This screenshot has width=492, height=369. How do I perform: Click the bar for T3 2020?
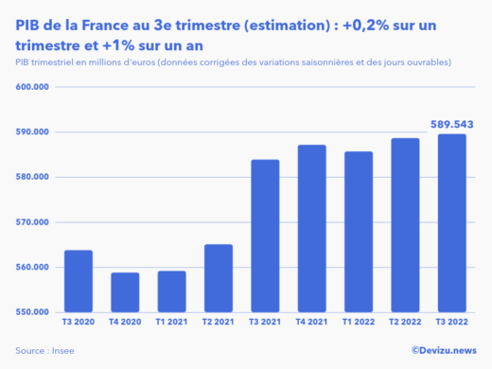79,281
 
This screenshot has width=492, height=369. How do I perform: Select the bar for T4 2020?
125,292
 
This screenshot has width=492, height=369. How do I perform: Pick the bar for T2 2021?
218,278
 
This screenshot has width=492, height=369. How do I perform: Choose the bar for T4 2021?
311,228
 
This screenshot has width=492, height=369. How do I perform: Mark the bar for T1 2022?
358,232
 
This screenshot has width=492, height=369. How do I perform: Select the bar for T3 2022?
450,223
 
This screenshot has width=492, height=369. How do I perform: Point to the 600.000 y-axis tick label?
33,87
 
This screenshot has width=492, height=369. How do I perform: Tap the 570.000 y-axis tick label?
33,222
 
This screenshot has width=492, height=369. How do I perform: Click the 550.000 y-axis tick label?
33,312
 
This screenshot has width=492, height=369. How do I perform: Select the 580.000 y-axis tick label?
33,177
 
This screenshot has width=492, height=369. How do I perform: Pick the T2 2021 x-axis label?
218,324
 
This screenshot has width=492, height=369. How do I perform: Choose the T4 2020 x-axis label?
125,324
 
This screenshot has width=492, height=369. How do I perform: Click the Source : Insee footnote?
45,350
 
